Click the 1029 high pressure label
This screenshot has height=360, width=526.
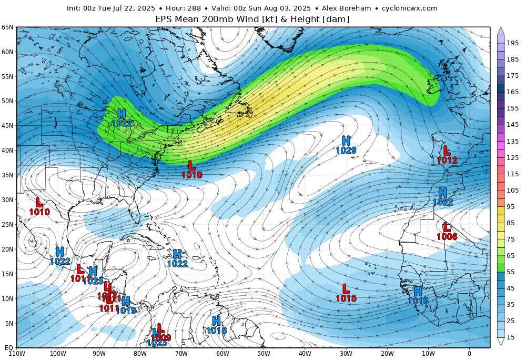click(346, 150)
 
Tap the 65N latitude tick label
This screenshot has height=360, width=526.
click(7, 27)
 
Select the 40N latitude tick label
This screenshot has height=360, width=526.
click(7, 151)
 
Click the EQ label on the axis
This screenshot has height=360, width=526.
click(8, 347)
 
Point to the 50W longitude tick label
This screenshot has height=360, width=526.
click(264, 353)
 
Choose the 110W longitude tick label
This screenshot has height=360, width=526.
click(17, 353)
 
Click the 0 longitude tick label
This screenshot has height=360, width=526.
click(469, 353)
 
